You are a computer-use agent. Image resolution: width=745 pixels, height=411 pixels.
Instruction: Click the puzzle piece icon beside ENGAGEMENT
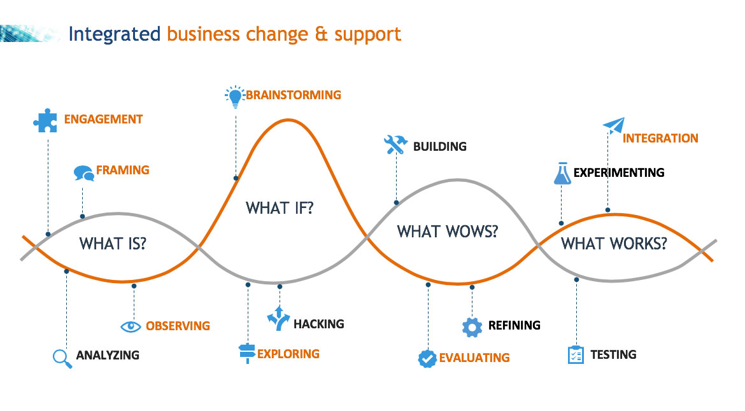[x=45, y=120]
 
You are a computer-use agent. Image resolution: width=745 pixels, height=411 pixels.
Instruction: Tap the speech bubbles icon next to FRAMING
[x=83, y=172]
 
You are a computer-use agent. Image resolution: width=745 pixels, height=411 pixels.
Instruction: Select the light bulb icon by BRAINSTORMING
[x=236, y=97]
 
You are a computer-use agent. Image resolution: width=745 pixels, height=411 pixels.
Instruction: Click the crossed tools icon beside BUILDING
[x=395, y=146]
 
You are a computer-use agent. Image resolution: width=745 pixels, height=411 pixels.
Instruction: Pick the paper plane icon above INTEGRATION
[x=614, y=125]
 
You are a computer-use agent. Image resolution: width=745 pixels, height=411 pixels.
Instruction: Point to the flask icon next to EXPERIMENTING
[x=562, y=174]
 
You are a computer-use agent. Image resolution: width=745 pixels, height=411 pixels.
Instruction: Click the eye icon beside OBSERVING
[x=131, y=326]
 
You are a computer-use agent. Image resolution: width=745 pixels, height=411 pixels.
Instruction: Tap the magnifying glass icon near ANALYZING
[x=62, y=358]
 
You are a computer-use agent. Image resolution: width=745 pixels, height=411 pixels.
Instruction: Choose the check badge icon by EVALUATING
[x=427, y=358]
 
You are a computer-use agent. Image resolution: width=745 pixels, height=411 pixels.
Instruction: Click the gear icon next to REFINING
[x=472, y=326]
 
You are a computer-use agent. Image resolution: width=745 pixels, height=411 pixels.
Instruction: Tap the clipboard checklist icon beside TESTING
[x=576, y=354]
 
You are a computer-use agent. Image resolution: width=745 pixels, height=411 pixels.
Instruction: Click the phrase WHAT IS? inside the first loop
[x=112, y=243]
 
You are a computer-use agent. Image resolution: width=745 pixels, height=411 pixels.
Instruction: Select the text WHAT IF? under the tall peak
[x=280, y=208]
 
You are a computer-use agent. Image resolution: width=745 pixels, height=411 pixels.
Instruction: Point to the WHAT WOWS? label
[x=447, y=231]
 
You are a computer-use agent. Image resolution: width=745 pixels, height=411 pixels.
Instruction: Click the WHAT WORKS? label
[x=614, y=243]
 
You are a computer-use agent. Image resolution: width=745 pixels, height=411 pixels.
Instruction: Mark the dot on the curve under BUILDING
[x=396, y=203]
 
